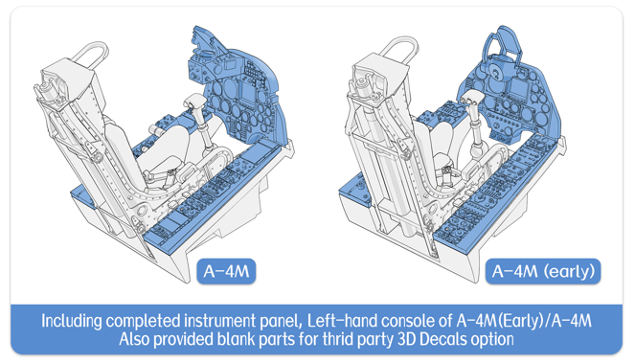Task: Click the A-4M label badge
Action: tap(226, 271)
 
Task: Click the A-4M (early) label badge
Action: tap(543, 271)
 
